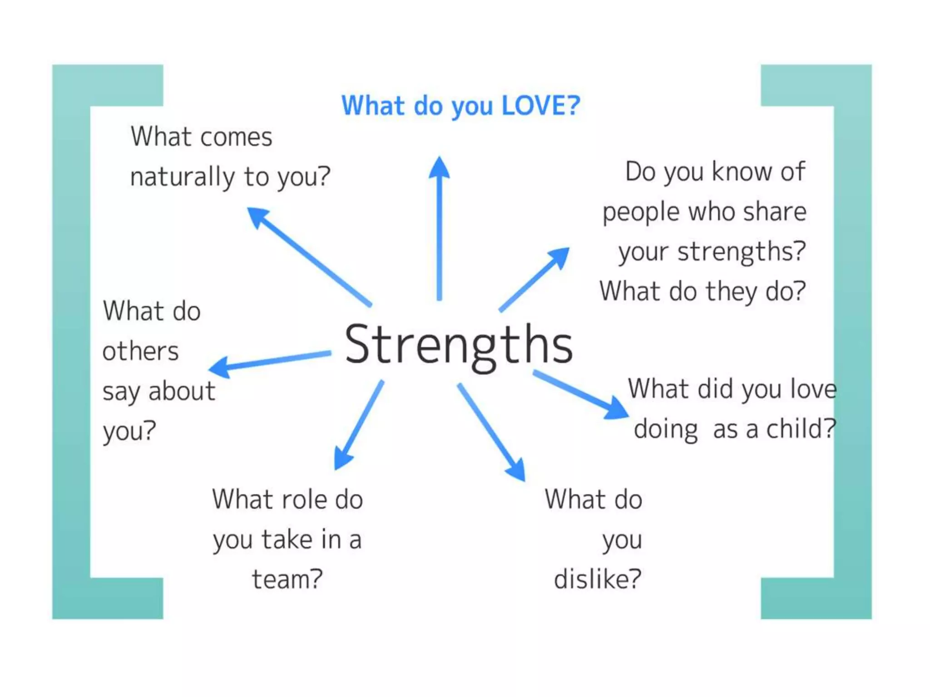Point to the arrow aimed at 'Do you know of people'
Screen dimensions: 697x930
[534, 280]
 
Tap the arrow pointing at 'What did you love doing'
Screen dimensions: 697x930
[581, 394]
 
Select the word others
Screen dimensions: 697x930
[140, 352]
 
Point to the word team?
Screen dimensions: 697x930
[287, 580]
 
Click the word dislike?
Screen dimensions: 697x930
[598, 579]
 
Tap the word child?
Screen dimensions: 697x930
[801, 429]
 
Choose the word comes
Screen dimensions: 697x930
[236, 137]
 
